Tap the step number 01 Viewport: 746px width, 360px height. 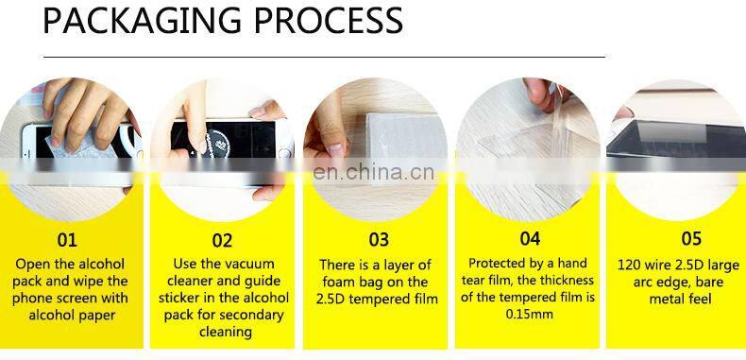click(x=67, y=240)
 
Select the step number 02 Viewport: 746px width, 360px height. click(x=221, y=240)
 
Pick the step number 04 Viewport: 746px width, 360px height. click(x=530, y=240)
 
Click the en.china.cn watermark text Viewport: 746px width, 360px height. click(x=373, y=173)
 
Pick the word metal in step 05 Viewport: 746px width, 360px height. click(x=667, y=299)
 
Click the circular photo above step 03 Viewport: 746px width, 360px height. click(x=375, y=142)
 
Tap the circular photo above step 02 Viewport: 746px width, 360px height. click(x=221, y=142)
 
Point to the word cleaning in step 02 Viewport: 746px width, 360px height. click(x=225, y=333)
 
